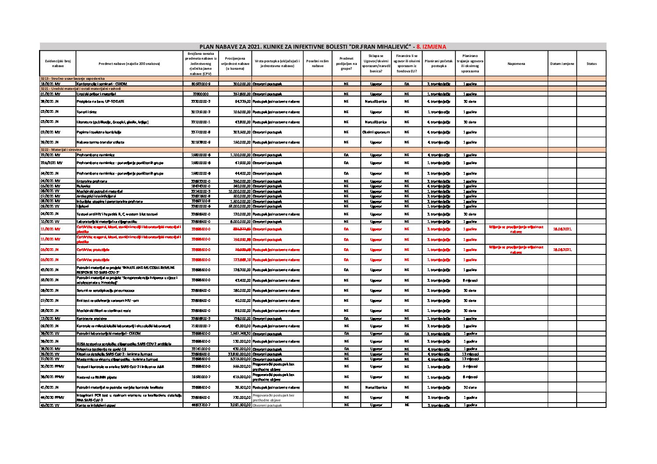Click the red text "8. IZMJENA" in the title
tap(431, 46)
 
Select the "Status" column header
tap(591, 64)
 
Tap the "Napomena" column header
tap(516, 64)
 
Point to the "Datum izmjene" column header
tap(562, 64)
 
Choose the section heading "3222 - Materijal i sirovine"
tap(61, 150)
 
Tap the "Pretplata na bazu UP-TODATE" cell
tap(101, 101)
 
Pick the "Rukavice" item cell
tap(84, 186)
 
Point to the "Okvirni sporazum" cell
tap(376, 132)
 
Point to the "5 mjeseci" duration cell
tap(470, 367)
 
